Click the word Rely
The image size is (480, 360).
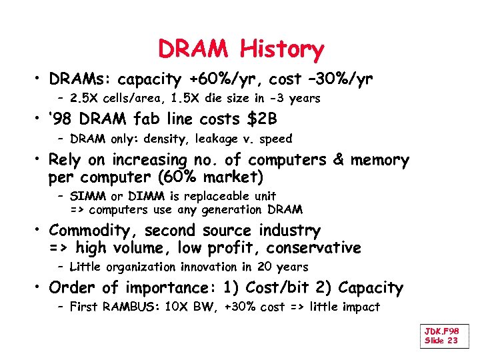click(x=67, y=161)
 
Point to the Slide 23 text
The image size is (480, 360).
click(x=441, y=341)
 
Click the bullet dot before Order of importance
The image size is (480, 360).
click(x=39, y=288)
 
